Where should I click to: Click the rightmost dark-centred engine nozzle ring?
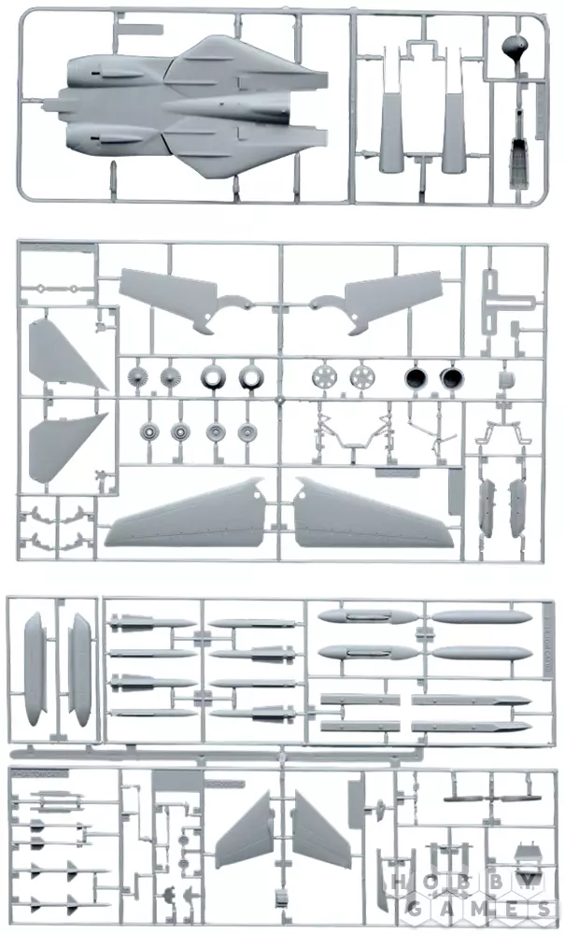pyautogui.click(x=453, y=377)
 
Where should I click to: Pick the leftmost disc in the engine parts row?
pyautogui.click(x=136, y=378)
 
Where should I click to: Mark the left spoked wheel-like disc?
pyautogui.click(x=325, y=377)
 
